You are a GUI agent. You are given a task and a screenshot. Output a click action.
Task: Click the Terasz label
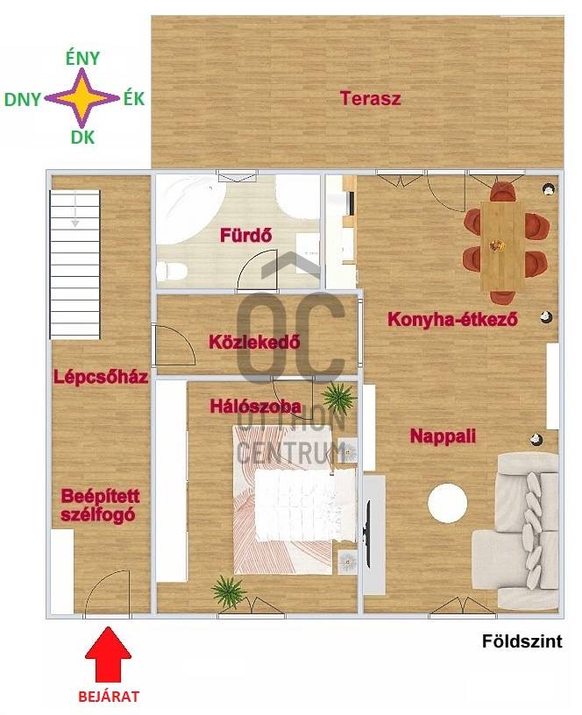371,98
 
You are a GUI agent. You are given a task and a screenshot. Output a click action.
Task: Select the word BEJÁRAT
109,697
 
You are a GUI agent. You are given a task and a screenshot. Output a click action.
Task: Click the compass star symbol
82,97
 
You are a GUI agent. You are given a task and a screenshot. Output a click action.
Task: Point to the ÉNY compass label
82,59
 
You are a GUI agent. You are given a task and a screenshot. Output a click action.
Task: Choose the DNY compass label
23,99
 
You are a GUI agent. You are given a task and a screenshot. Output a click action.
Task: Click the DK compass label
82,137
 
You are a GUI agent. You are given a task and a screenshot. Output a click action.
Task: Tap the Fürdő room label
245,236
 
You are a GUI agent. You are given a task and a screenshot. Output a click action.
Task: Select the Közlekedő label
254,342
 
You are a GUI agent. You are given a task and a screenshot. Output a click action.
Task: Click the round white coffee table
447,503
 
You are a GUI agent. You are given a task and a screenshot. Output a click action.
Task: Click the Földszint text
522,641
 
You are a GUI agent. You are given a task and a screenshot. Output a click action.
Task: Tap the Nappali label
443,436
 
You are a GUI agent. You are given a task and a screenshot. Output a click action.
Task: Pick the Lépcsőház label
101,377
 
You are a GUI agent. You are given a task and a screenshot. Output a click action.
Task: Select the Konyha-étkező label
452,319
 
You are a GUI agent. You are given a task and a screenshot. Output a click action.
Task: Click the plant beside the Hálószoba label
338,396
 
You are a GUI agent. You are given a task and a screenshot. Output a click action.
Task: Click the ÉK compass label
134,98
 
